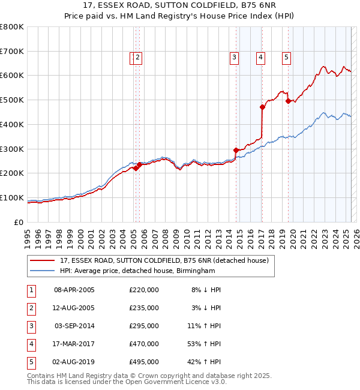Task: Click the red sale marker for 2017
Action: (262, 107)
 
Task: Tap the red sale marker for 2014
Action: (236, 150)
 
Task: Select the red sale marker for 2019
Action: (288, 101)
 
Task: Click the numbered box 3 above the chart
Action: (233, 58)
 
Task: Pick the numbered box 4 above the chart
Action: (261, 58)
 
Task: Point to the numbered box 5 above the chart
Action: (287, 58)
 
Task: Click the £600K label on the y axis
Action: (11, 76)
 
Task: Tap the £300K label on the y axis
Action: (11, 149)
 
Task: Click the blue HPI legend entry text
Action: (137, 271)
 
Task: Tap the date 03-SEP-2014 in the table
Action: (74, 326)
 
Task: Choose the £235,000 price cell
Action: (144, 308)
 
